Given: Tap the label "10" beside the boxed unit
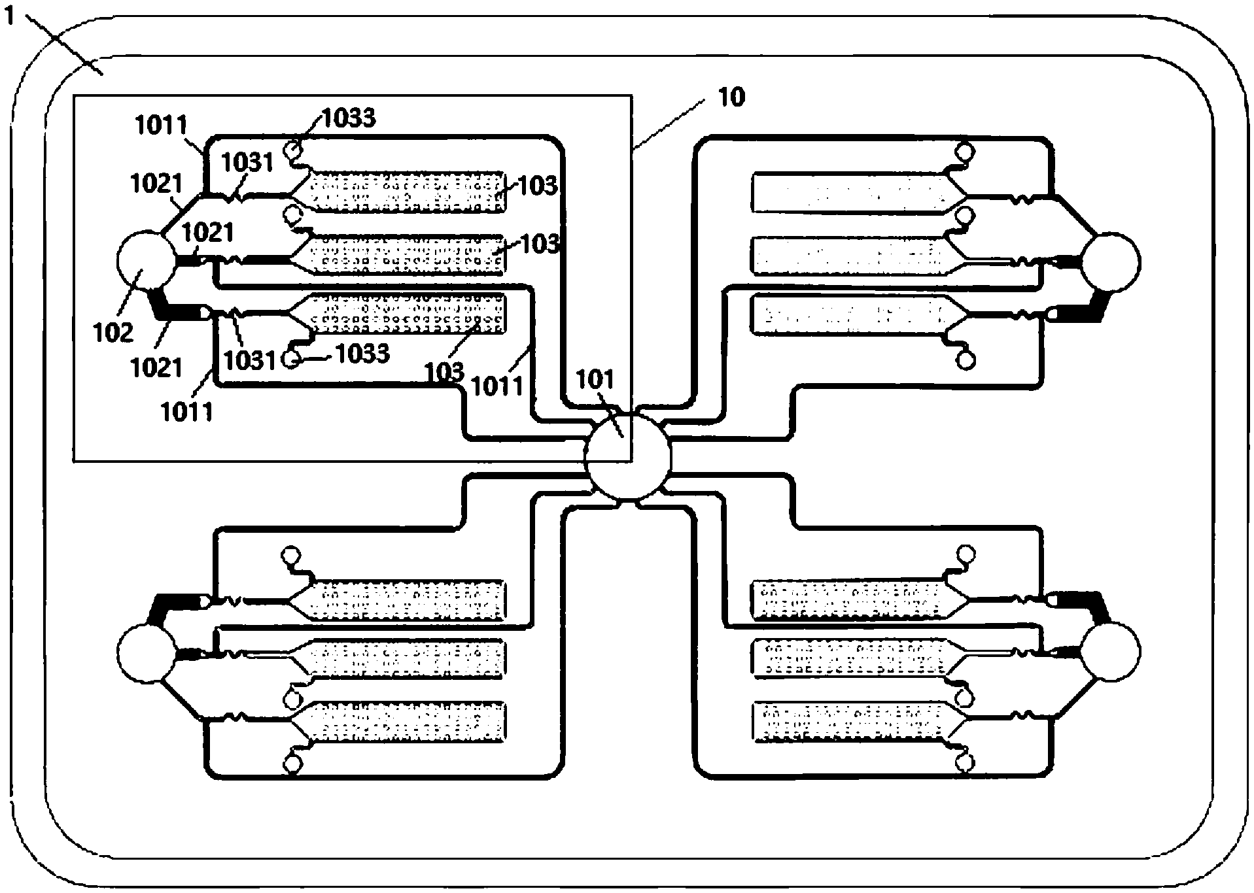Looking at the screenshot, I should [731, 97].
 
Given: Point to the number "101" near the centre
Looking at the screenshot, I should [596, 380].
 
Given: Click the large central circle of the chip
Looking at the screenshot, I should [627, 456].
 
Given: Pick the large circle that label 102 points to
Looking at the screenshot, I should [145, 261].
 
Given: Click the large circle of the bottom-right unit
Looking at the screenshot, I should [1110, 651].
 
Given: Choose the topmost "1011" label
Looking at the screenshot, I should [161, 124].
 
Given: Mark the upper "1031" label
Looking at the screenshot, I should [247, 162].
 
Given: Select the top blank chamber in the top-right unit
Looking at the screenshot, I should [850, 192].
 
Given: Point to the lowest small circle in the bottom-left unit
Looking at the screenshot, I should [292, 763].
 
